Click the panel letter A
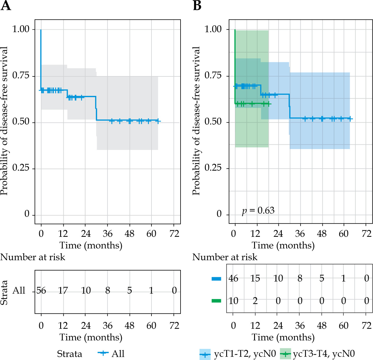6,6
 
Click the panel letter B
197,6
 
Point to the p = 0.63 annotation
258,210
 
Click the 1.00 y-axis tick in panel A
21,29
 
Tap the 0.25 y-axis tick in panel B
213,168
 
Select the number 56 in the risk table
41,291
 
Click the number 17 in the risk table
63,291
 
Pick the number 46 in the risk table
233,278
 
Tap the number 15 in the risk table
255,278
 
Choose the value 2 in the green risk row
255,301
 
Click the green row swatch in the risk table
216,301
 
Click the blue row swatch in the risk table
216,279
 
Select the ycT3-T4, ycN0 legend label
324,354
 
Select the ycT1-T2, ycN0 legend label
245,354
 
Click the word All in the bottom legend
118,354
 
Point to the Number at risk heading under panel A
33,257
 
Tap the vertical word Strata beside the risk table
4,293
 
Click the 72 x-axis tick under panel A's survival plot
174,234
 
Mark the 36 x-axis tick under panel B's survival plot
300,234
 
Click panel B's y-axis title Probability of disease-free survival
197,121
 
